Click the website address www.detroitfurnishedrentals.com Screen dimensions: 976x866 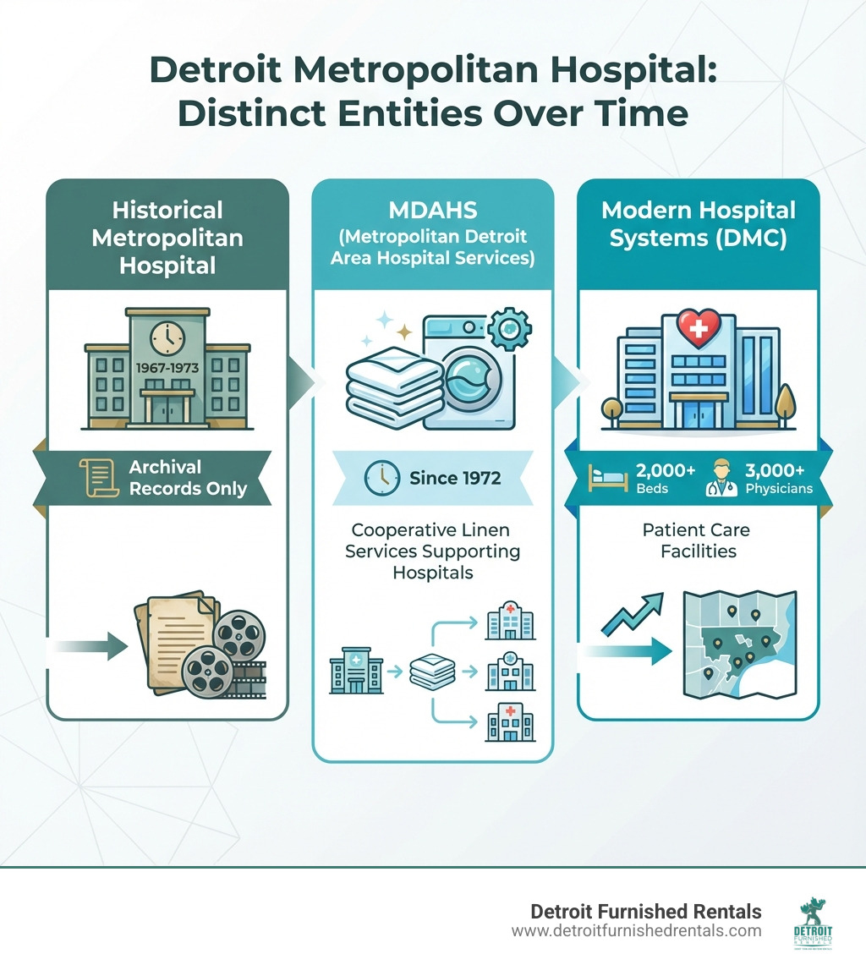636,931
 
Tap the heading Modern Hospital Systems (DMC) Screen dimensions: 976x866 698,224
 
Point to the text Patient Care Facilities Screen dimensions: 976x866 696,540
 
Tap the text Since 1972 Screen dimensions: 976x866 454,478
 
